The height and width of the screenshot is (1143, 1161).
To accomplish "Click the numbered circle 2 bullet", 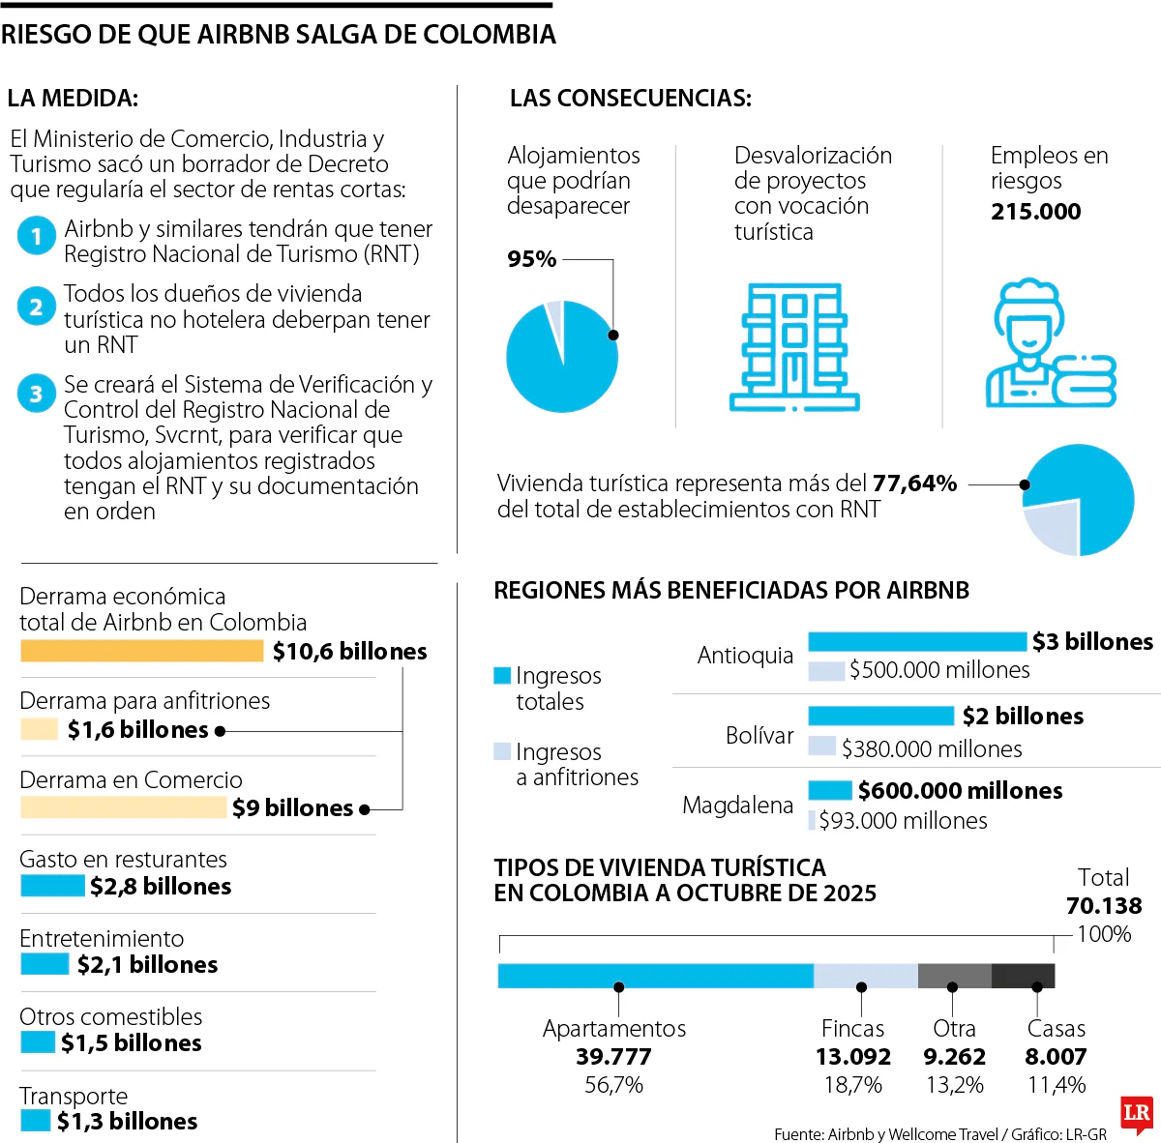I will (x=36, y=308).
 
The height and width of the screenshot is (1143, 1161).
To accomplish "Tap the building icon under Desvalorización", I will (x=794, y=347).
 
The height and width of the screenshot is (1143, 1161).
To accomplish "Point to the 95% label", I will (x=532, y=259).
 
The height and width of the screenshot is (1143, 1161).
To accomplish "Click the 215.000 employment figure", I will (x=1035, y=212).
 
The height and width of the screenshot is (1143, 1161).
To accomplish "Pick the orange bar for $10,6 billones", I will (x=141, y=651).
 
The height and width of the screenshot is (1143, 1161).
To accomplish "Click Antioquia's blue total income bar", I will (x=916, y=641).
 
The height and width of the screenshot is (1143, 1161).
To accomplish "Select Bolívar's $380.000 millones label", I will (x=932, y=748).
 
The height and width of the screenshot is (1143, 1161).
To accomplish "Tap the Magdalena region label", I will (x=737, y=805).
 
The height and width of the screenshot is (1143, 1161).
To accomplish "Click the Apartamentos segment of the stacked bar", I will (x=655, y=976).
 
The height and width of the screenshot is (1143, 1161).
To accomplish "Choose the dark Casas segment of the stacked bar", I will (x=1023, y=976).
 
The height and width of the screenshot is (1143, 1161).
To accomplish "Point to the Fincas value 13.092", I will (x=852, y=1057).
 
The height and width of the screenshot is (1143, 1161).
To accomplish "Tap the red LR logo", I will (x=1137, y=1114).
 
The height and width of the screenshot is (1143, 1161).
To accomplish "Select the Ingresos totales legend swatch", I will (x=502, y=675).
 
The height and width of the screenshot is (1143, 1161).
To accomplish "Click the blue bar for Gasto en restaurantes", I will (x=52, y=886).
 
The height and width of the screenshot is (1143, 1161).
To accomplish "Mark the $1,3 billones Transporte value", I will (x=127, y=1122).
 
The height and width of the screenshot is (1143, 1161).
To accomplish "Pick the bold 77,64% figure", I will (x=914, y=484).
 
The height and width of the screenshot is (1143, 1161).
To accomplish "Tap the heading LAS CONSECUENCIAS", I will (x=630, y=98).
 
